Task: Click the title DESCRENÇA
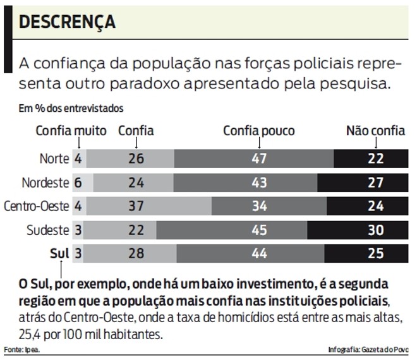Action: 67,22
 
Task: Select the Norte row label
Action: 54,159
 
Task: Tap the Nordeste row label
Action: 45,183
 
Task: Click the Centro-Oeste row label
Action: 36,206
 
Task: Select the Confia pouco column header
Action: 259,131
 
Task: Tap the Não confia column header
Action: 375,131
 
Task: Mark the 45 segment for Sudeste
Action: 259,230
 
